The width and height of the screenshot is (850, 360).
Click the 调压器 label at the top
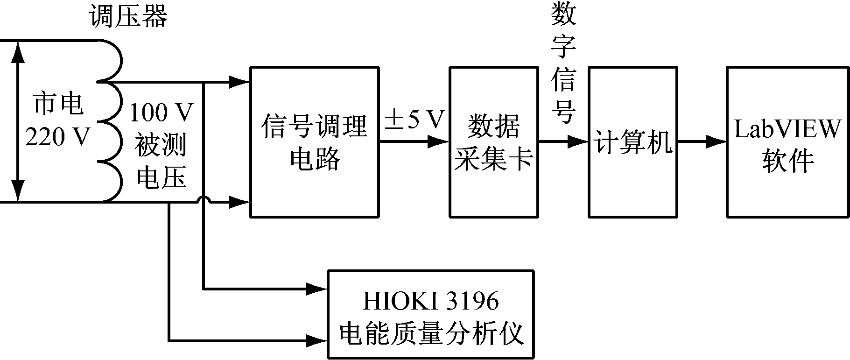pos(128,17)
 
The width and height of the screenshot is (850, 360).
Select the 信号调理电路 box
pos(314,142)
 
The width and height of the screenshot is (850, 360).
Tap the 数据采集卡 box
pos(493,142)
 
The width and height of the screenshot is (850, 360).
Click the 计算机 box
pos(632,142)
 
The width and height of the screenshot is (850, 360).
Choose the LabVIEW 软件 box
pos(787,142)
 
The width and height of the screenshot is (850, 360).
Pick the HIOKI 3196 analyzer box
pos(430,314)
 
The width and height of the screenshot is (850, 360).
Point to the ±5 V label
pos(414,120)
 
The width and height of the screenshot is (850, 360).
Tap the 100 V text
pos(161,112)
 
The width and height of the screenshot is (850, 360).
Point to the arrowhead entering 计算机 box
pos(578,141)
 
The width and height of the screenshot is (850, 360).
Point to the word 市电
pos(58,104)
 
